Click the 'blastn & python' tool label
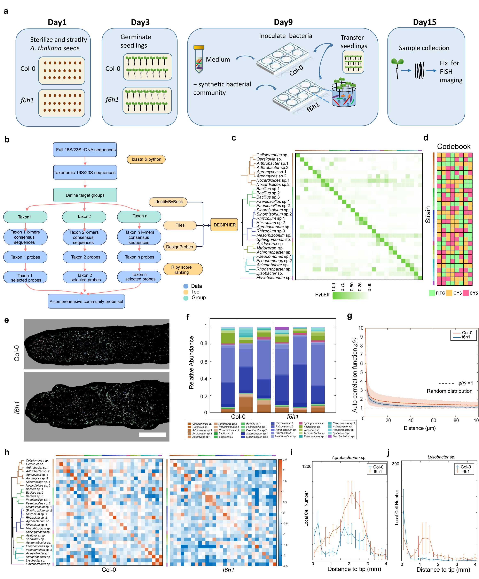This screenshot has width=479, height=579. click(x=146, y=159)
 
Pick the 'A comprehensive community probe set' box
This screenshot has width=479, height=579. click(x=86, y=301)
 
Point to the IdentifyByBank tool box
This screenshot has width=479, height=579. click(x=168, y=202)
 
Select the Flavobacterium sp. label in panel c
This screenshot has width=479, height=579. click(x=273, y=278)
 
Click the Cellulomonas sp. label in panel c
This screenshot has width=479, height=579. click(x=272, y=155)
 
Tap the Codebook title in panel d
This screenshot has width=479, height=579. click(x=453, y=146)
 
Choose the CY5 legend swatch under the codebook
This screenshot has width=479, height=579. click(x=465, y=293)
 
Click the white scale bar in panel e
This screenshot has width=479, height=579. click(x=152, y=434)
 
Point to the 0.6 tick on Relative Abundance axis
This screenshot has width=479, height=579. click(x=204, y=361)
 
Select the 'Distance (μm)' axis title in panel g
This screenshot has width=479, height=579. click(x=419, y=428)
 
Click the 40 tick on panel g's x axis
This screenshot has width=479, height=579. click(x=410, y=420)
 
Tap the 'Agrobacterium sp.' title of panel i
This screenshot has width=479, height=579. click(x=349, y=457)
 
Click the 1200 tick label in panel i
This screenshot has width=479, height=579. click(x=306, y=466)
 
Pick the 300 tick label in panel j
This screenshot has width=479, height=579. click(x=395, y=464)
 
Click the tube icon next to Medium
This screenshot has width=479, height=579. click(x=199, y=60)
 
